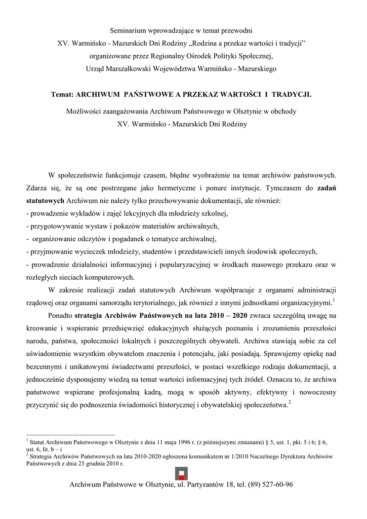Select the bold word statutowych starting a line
click(45, 200)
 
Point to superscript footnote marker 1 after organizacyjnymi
click(334, 301)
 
